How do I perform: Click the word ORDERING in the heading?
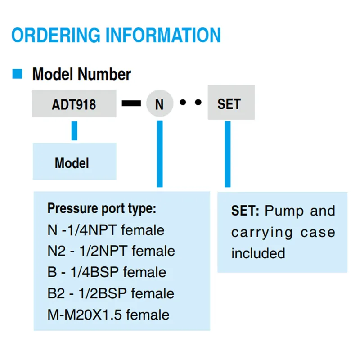click(x=56, y=35)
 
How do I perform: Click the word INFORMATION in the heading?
click(x=163, y=35)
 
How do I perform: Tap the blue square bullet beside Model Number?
click(x=17, y=74)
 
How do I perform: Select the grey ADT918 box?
click(x=74, y=103)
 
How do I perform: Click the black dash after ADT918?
click(x=131, y=103)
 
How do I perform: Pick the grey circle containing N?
click(x=160, y=103)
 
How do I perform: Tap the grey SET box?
click(x=231, y=103)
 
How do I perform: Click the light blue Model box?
click(x=75, y=161)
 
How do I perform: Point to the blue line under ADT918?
click(x=74, y=130)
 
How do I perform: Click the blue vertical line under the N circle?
click(x=160, y=154)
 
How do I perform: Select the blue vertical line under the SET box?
click(x=228, y=154)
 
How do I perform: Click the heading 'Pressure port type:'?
click(x=102, y=209)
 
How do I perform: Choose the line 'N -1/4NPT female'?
click(x=106, y=230)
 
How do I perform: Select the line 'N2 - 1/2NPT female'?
click(x=111, y=251)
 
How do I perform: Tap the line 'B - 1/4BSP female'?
click(x=107, y=272)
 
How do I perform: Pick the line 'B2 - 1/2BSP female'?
click(x=111, y=293)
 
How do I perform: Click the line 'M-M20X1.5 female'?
click(x=108, y=315)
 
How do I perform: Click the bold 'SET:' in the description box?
click(x=245, y=211)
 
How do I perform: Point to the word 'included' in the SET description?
click(x=258, y=253)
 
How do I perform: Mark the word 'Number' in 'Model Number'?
click(x=104, y=74)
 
